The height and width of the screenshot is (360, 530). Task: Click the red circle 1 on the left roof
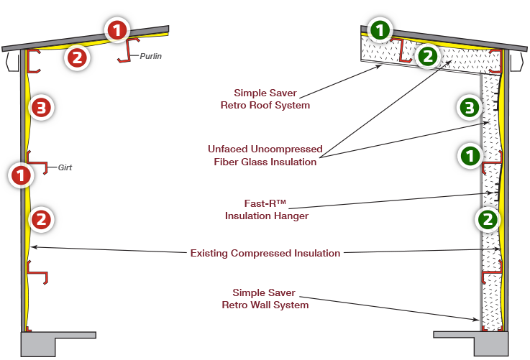coord(116,30)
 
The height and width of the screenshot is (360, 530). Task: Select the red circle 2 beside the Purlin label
coord(78,58)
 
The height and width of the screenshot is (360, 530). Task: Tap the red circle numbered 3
coord(42,109)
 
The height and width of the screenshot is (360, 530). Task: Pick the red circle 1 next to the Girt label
coord(22,173)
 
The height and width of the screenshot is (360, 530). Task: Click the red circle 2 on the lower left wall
coord(42,218)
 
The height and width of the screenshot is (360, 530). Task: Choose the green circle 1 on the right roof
coord(380,30)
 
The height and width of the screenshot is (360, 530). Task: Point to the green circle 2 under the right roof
coord(426,55)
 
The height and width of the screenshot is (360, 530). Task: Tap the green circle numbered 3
coord(469,109)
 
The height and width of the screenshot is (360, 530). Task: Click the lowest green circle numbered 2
coord(488,219)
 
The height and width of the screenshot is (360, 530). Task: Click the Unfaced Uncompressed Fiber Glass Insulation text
coord(265,155)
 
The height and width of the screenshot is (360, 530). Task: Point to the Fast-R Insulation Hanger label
coord(266,209)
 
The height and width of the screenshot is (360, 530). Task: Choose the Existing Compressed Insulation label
coord(265,253)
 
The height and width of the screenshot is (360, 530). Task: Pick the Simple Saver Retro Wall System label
coord(265,299)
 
